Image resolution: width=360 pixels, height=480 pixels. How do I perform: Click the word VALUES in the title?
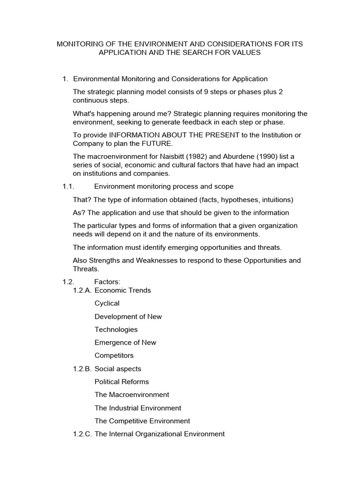pyautogui.click(x=245, y=53)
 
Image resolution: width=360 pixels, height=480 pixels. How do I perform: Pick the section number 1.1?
pyautogui.click(x=68, y=187)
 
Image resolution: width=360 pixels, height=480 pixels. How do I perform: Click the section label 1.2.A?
pyautogui.click(x=82, y=290)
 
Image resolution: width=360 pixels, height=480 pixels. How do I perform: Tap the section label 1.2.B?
pyautogui.click(x=82, y=369)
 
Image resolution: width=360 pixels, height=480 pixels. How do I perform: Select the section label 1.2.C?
pyautogui.click(x=82, y=434)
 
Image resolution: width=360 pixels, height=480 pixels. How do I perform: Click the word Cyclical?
pyautogui.click(x=107, y=303)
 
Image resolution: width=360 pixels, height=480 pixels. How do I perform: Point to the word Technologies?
pyautogui.click(x=116, y=330)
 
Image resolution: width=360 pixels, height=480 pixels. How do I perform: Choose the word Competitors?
pyautogui.click(x=114, y=355)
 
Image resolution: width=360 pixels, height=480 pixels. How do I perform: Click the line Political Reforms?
pyautogui.click(x=122, y=382)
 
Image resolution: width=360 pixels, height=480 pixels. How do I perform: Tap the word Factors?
pyautogui.click(x=107, y=282)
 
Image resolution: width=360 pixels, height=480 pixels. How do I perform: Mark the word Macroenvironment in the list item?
pyautogui.click(x=139, y=395)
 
